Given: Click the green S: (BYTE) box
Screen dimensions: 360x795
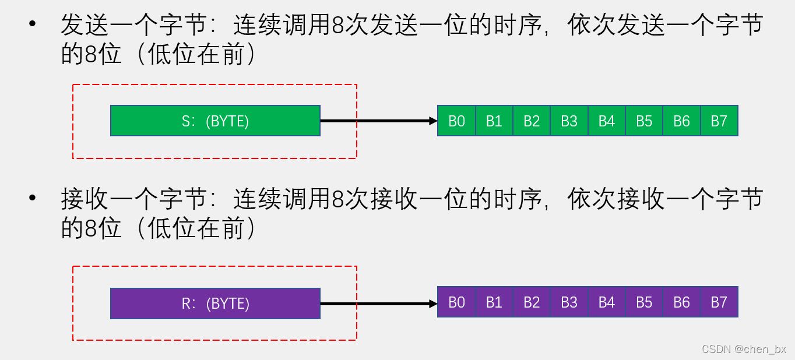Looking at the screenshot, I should point(215,121).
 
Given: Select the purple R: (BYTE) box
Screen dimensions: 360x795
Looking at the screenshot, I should point(215,303).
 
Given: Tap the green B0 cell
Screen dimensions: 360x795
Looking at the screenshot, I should point(457,121).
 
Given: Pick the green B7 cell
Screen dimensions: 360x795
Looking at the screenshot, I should point(719,121).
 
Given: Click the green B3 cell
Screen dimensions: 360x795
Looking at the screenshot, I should point(569,121).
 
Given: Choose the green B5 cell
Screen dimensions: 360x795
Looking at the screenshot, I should point(644,121).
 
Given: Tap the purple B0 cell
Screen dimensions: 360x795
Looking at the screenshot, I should point(457,302).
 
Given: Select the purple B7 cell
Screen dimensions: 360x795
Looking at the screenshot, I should point(719,302).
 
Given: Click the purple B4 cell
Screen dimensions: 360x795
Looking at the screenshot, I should point(607,302).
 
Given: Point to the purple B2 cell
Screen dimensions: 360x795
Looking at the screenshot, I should point(532,302).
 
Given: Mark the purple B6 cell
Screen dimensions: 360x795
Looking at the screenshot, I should point(681,302).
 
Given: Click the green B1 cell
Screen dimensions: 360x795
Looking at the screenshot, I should point(494,121).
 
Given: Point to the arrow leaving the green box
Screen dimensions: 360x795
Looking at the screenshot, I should point(379,121).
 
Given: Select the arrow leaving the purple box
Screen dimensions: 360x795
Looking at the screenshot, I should point(379,303).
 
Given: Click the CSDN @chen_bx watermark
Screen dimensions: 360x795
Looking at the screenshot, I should point(744,349).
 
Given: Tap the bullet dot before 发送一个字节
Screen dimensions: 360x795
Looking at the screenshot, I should point(32,25).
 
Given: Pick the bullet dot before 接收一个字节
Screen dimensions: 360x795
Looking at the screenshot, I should point(32,199).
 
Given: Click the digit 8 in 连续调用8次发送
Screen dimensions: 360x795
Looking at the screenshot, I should point(337,26).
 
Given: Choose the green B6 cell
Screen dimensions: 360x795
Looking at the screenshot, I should point(681,121).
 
